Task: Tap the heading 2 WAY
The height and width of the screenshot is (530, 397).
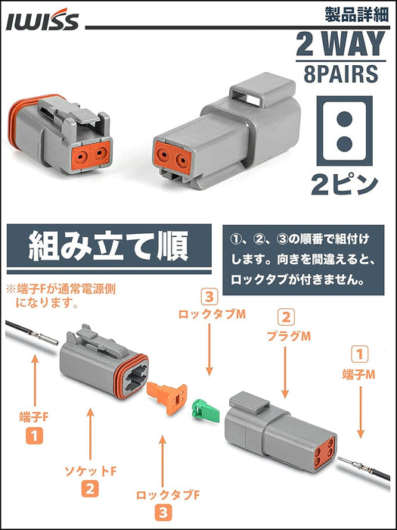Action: pos(340,44)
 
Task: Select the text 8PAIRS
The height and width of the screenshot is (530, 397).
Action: pos(340,74)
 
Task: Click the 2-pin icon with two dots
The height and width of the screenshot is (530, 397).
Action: pos(344,131)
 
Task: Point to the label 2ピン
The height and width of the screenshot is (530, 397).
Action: pos(344,185)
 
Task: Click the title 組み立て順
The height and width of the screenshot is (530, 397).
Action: pos(108,245)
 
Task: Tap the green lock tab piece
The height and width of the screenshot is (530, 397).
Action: pos(205,408)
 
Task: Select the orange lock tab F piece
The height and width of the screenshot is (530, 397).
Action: pos(167,397)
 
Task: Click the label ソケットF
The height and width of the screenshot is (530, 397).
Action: pos(90,470)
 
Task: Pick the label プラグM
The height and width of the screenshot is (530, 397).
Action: pos(289,336)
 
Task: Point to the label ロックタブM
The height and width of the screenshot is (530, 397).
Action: pos(211,314)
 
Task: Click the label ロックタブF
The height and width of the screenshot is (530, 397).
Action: pos(168,495)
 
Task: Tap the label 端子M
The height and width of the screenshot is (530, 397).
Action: pos(358,375)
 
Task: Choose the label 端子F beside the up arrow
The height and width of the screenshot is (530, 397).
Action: pos(34,417)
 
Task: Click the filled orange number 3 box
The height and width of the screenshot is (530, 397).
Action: pos(163,513)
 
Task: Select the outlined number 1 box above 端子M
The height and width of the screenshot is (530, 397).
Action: pos(359,355)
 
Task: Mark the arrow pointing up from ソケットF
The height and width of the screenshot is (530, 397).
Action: pos(90,435)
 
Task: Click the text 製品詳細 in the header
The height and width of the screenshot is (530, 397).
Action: pos(357,15)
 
